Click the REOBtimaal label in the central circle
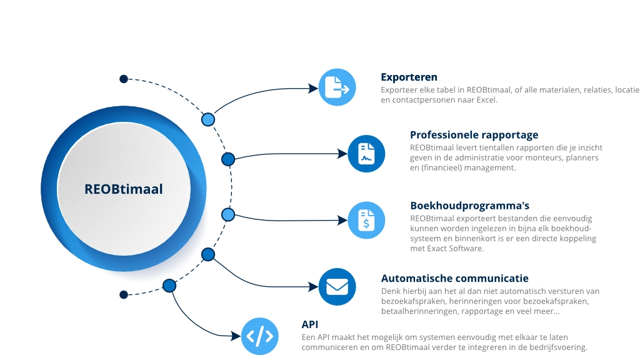tap(124, 189)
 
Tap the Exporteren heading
tap(409, 77)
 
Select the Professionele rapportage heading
tap(474, 135)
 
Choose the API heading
tap(310, 324)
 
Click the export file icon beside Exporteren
tap(337, 87)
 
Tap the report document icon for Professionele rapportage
tap(366, 154)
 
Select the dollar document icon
tap(366, 220)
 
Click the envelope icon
tap(337, 287)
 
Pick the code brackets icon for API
tap(259, 336)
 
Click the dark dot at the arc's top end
tap(124, 79)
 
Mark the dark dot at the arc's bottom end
tap(124, 294)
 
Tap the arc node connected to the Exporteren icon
tap(208, 119)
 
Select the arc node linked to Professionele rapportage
tap(228, 159)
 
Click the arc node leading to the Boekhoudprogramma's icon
tap(227, 214)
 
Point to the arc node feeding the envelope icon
tap(208, 254)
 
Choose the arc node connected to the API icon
tap(169, 286)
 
